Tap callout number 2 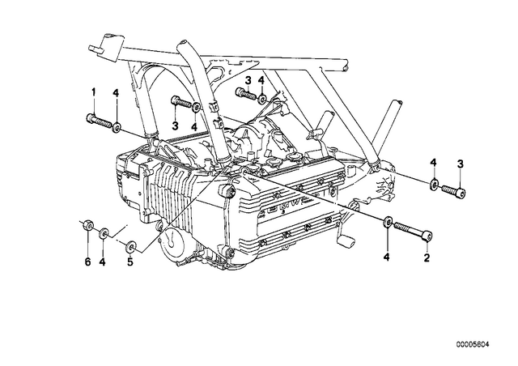click(x=427, y=257)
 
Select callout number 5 click(x=130, y=262)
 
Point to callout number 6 click(x=87, y=262)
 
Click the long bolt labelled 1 click(x=99, y=121)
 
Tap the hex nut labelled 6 click(x=88, y=225)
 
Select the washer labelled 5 click(x=131, y=245)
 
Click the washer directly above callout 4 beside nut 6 click(x=104, y=233)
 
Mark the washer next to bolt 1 click(x=117, y=127)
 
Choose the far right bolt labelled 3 click(x=453, y=191)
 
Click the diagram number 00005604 click(x=473, y=344)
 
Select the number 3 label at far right click(x=461, y=164)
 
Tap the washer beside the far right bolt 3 click(x=434, y=184)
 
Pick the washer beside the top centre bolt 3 click(x=262, y=99)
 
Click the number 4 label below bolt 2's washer click(x=387, y=256)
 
